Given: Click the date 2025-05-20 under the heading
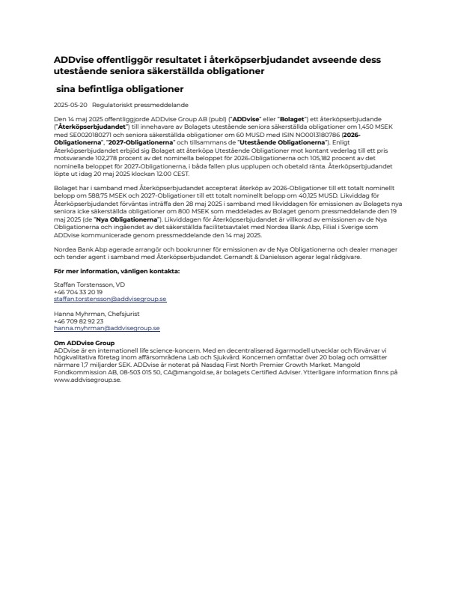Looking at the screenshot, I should (x=70, y=106).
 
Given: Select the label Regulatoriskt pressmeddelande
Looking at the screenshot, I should (x=129, y=106).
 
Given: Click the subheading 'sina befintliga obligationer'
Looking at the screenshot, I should (x=120, y=88).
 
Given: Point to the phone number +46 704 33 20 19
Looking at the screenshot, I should (x=79, y=292).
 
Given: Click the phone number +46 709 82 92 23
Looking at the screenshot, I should (x=79, y=321).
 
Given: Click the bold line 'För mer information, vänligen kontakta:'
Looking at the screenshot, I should (x=116, y=270).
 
